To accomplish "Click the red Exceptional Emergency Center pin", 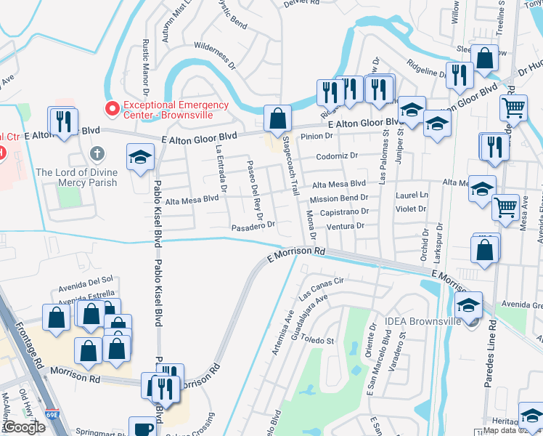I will [x=112, y=109].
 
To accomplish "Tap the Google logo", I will [x=23, y=427].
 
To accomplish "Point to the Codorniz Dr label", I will [x=338, y=156].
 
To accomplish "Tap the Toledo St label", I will [x=317, y=340].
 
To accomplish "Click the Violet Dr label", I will [x=411, y=209].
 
